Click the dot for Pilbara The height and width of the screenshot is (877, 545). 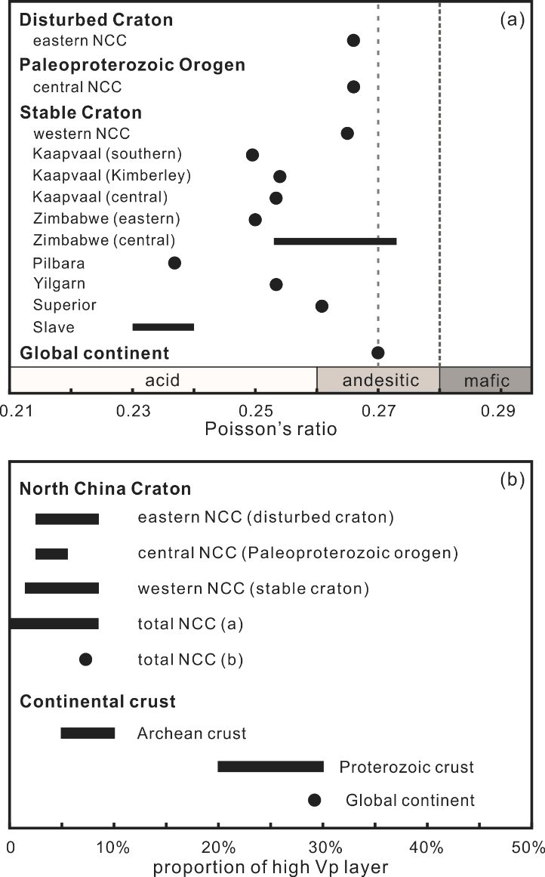[174, 263]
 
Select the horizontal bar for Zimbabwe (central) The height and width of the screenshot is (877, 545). [334, 241]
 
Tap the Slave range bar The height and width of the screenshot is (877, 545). [163, 327]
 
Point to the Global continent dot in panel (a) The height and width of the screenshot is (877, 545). [378, 353]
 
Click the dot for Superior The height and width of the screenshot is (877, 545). [322, 306]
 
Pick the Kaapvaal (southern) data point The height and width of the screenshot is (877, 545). [252, 155]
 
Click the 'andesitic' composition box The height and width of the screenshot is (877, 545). [378, 380]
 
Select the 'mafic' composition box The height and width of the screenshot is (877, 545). [485, 380]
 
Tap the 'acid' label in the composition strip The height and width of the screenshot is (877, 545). [163, 380]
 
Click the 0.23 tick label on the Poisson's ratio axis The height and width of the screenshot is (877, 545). [134, 411]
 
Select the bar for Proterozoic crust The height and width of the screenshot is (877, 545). [270, 767]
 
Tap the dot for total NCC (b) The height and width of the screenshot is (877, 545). [85, 659]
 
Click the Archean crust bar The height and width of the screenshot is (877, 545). [88, 733]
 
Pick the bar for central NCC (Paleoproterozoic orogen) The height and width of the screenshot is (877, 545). [51, 554]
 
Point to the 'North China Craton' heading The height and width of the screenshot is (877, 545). [106, 489]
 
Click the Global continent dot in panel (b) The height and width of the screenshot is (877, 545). [315, 800]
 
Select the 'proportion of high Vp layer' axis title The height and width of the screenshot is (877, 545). [269, 866]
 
